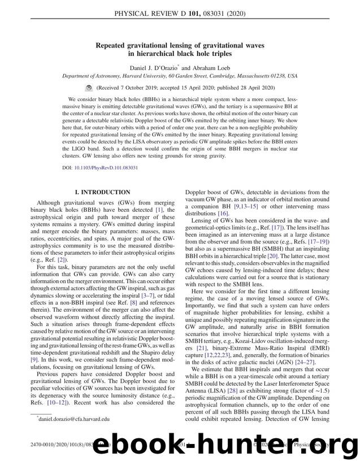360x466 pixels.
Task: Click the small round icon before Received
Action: pos(89,88)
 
